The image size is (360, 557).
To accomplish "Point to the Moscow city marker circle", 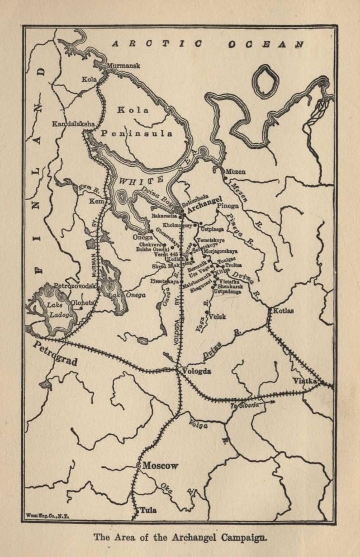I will pyautogui.click(x=139, y=465).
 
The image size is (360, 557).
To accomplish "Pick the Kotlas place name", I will pyautogui.click(x=285, y=310).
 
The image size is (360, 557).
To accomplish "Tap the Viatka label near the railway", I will pyautogui.click(x=305, y=381).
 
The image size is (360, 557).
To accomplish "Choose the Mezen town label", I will pyautogui.click(x=235, y=172).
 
